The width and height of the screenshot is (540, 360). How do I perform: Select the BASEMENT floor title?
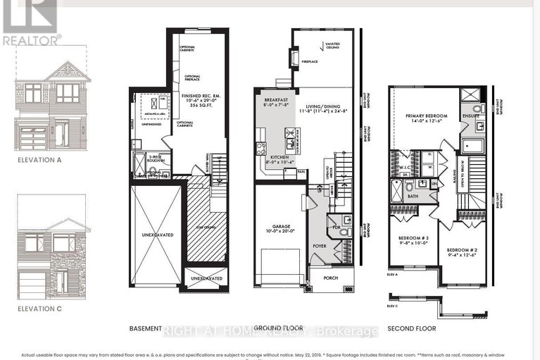click(146, 328)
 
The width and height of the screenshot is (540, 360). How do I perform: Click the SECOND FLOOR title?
click(413, 328)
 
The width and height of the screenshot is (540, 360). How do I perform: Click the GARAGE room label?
click(280, 225)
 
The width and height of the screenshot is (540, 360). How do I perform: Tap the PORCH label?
click(330, 278)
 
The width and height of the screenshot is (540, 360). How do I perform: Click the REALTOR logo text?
click(31, 41)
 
